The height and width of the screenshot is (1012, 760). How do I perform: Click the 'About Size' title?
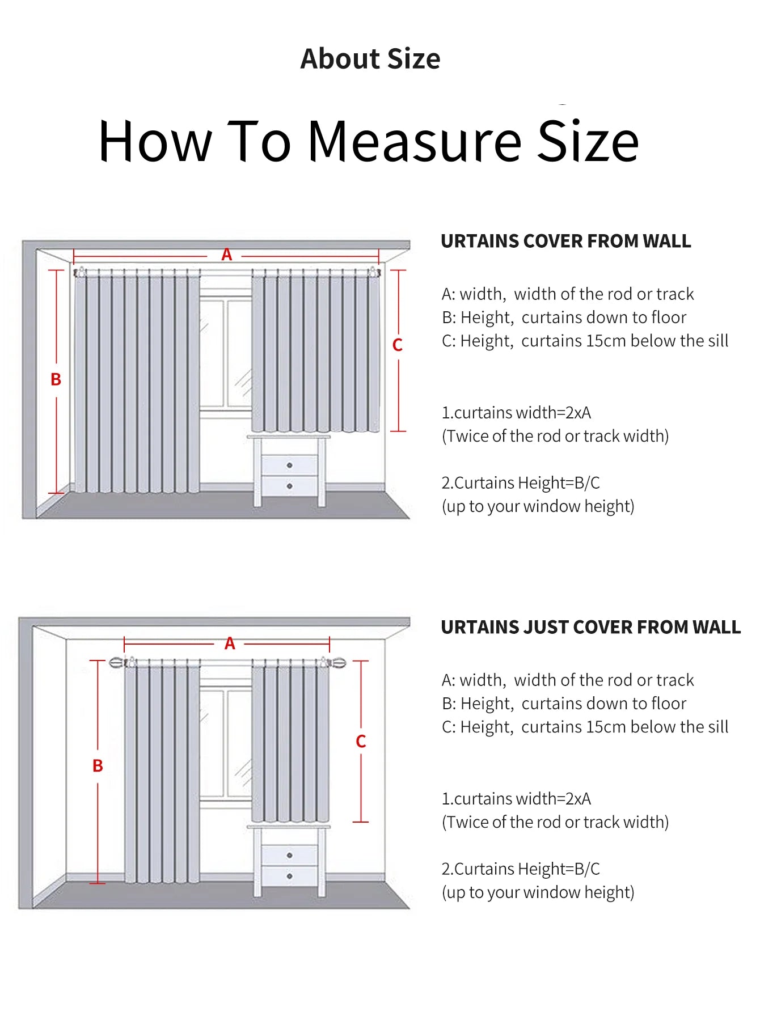[370, 59]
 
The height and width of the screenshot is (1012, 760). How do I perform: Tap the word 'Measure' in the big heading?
[414, 142]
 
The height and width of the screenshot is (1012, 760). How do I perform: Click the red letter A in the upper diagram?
[227, 255]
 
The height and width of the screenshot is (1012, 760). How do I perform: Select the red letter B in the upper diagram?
[56, 379]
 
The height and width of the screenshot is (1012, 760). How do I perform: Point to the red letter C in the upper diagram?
[398, 345]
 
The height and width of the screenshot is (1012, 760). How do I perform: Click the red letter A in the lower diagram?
[230, 643]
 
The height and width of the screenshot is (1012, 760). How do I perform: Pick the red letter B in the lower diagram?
[98, 766]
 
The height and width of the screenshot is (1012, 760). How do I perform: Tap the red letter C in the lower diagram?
[361, 741]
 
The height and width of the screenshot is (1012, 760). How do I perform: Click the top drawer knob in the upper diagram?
[289, 465]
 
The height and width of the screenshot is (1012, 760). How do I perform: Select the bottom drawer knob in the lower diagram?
[289, 876]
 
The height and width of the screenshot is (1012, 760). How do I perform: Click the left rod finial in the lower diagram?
[116, 662]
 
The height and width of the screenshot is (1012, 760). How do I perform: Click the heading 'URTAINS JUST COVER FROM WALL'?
[590, 627]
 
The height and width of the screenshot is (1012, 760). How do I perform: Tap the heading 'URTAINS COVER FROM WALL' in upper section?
[565, 241]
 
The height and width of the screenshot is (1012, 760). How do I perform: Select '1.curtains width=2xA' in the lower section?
[516, 798]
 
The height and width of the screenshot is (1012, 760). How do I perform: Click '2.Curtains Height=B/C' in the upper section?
[520, 482]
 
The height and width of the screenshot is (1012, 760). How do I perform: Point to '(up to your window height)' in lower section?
[538, 892]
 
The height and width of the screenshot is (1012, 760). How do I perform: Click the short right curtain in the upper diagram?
[315, 352]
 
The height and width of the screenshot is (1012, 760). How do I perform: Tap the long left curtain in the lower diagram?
[162, 771]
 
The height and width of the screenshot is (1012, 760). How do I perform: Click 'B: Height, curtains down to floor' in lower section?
[564, 704]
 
